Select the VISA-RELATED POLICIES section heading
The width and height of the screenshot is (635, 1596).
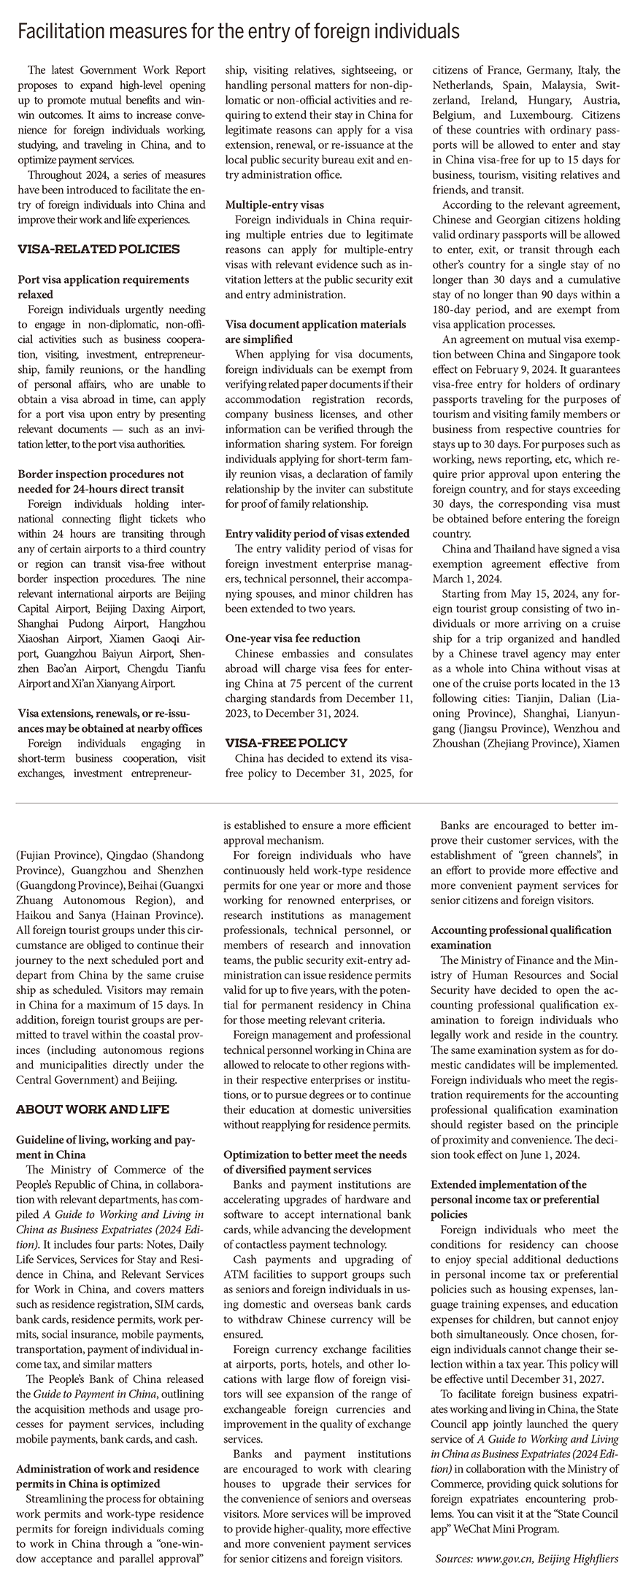[98, 249]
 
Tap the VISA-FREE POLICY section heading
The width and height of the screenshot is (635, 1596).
[286, 743]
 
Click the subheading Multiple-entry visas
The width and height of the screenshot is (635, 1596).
[274, 205]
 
